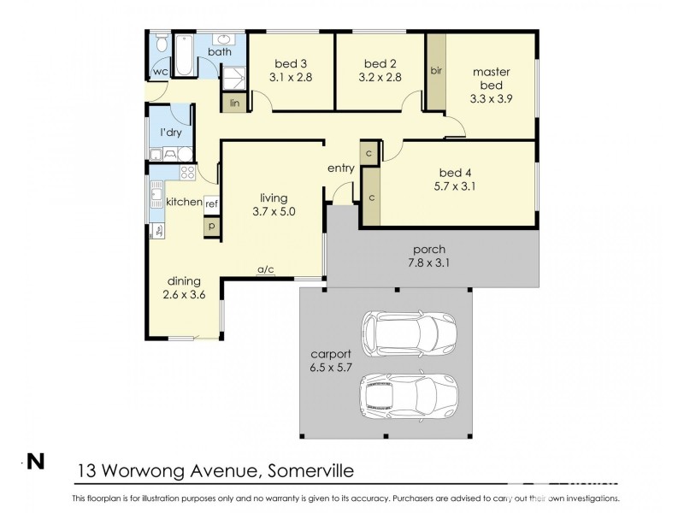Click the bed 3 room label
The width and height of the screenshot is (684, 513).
[290, 63]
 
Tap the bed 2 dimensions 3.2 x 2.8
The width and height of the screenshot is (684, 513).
[380, 77]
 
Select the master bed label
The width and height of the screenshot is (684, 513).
[492, 78]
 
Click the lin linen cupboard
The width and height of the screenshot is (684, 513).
[233, 103]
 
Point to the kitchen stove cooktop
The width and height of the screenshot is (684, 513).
[187, 172]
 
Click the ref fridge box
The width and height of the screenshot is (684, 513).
[211, 203]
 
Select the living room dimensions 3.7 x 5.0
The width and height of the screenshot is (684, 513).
[274, 212]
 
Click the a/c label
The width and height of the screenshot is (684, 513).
[265, 270]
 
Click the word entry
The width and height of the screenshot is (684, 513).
[340, 168]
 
